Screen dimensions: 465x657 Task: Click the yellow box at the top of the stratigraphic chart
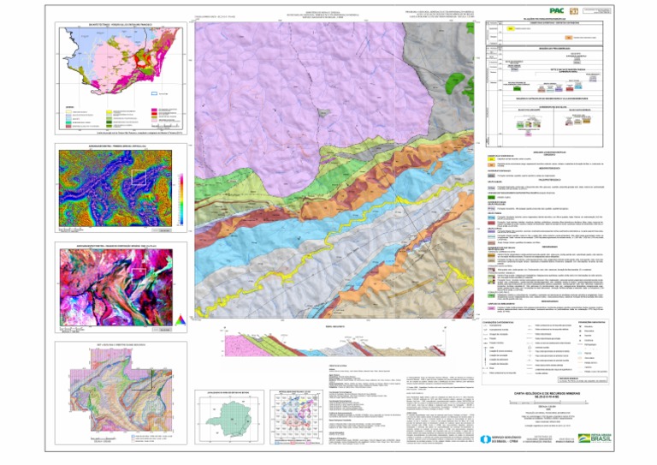point(517,27)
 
